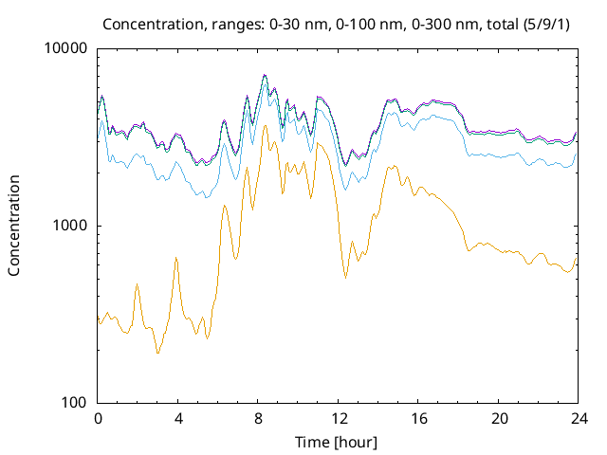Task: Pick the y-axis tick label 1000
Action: pyautogui.click(x=70, y=226)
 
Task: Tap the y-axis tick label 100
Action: pyautogui.click(x=74, y=403)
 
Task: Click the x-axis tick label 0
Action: pyautogui.click(x=98, y=418)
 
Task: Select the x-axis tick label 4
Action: pyautogui.click(x=177, y=418)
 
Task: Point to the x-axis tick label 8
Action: pyautogui.click(x=258, y=418)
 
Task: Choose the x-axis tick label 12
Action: pyautogui.click(x=338, y=418)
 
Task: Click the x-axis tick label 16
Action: pyautogui.click(x=417, y=418)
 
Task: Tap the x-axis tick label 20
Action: pyautogui.click(x=497, y=418)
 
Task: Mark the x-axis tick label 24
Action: pyautogui.click(x=577, y=418)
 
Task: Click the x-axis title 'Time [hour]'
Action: pyautogui.click(x=337, y=441)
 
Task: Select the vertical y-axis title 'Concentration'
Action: pyautogui.click(x=14, y=226)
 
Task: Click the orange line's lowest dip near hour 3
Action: pyautogui.click(x=157, y=353)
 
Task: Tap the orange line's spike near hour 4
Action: pyautogui.click(x=176, y=258)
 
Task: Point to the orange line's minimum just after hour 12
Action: pyautogui.click(x=345, y=278)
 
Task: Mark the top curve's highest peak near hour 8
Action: pyautogui.click(x=265, y=75)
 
